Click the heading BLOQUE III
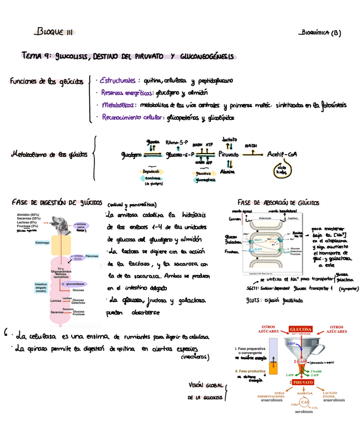[x=54, y=32]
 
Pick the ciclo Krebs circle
[x=282, y=170]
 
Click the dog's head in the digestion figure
[x=60, y=223]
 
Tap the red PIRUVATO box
[x=304, y=382]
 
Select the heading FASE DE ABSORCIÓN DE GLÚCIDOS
[x=275, y=202]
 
